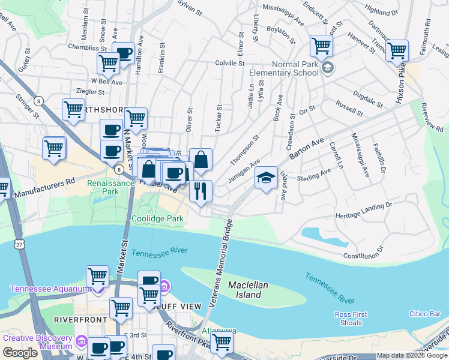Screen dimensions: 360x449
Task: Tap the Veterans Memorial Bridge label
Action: pyautogui.click(x=220, y=263)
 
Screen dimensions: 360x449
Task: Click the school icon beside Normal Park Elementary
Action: pyautogui.click(x=327, y=68)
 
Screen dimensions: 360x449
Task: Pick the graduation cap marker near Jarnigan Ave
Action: pyautogui.click(x=266, y=178)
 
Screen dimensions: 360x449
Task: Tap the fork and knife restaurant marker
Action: pyautogui.click(x=200, y=190)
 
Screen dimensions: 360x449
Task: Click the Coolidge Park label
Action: pyautogui.click(x=157, y=219)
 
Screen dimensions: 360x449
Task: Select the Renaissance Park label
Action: pyautogui.click(x=109, y=187)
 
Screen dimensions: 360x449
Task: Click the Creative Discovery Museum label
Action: pyautogui.click(x=38, y=342)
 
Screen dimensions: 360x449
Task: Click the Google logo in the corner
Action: pyautogui.click(x=20, y=353)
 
